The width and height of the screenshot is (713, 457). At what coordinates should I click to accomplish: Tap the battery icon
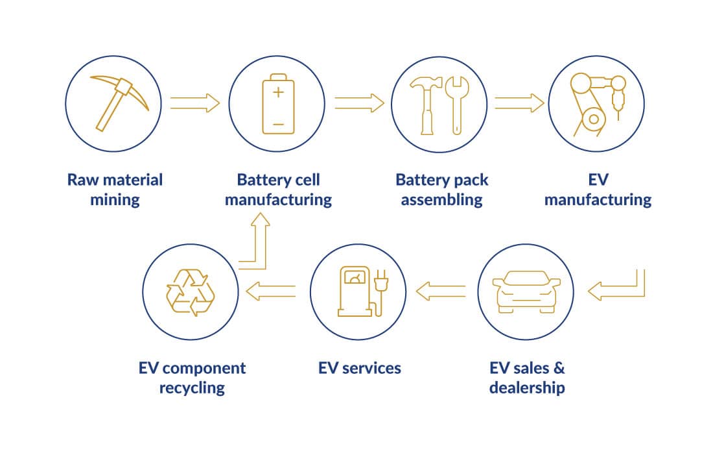click(277, 104)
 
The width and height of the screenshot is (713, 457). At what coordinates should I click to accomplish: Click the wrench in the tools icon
click(456, 104)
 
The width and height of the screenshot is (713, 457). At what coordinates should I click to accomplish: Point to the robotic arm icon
click(596, 104)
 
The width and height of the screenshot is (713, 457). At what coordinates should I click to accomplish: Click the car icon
click(526, 292)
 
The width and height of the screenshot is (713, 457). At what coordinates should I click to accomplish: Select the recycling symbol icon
click(190, 292)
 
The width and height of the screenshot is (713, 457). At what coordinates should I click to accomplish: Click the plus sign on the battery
click(278, 92)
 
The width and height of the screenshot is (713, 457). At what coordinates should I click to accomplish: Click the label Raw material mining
click(115, 189)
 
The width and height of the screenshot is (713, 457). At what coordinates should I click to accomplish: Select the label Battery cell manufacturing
click(278, 189)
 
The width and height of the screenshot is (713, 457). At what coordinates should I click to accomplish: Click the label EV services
click(360, 368)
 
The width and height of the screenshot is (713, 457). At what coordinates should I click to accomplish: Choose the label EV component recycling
click(193, 378)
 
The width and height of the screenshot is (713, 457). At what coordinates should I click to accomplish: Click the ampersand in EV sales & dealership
click(559, 368)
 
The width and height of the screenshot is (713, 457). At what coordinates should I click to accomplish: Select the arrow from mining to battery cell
click(195, 103)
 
